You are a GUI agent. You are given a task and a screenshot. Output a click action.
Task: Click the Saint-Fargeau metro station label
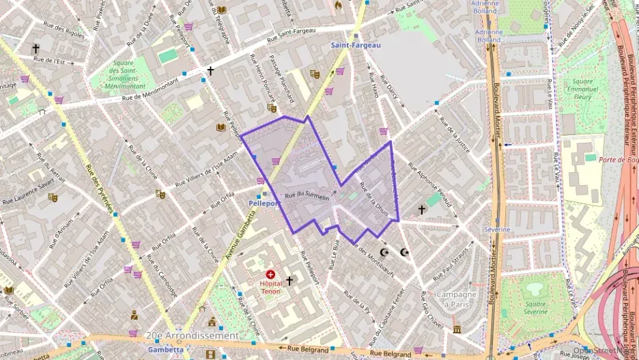pyautogui.click(x=356, y=45)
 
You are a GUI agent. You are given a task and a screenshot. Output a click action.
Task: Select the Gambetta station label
pyautogui.click(x=166, y=349)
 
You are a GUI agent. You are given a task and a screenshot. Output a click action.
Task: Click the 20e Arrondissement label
pyautogui.click(x=193, y=335)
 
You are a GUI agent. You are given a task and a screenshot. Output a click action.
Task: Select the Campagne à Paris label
pyautogui.click(x=456, y=299)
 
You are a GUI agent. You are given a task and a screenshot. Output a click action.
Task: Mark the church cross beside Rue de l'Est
pyautogui.click(x=35, y=49)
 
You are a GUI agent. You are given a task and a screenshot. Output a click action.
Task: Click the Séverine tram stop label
pyautogui.click(x=497, y=230)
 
